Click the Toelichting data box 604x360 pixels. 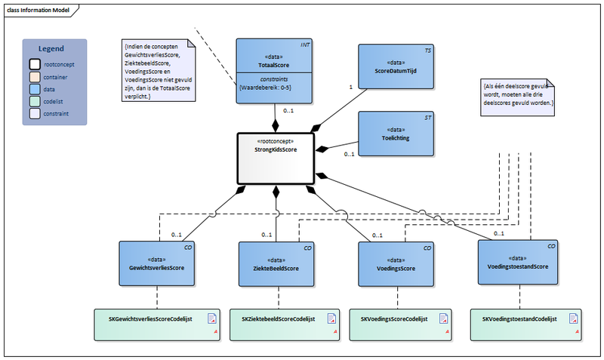[395, 134]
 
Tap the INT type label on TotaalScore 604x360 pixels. [305, 45]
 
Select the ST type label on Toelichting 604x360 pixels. [427, 117]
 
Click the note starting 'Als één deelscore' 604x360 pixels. [519, 97]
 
